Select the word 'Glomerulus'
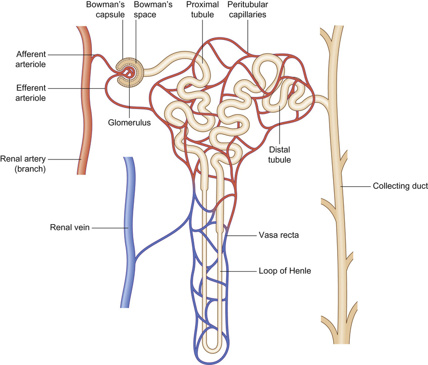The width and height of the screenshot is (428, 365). click(x=130, y=122)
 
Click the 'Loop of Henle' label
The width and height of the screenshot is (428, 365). click(x=284, y=271)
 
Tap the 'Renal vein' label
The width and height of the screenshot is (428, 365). click(x=70, y=228)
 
